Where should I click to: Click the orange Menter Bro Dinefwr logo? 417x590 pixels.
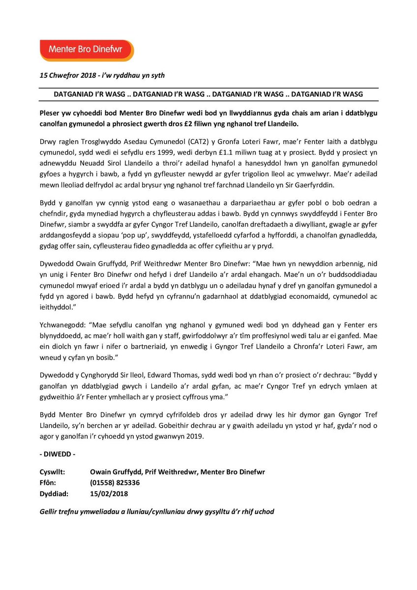click(x=87, y=50)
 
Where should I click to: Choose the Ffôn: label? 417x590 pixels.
click(x=50, y=482)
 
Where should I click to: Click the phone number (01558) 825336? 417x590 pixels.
click(x=115, y=482)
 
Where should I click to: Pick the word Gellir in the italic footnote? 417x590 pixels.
click(x=50, y=511)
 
